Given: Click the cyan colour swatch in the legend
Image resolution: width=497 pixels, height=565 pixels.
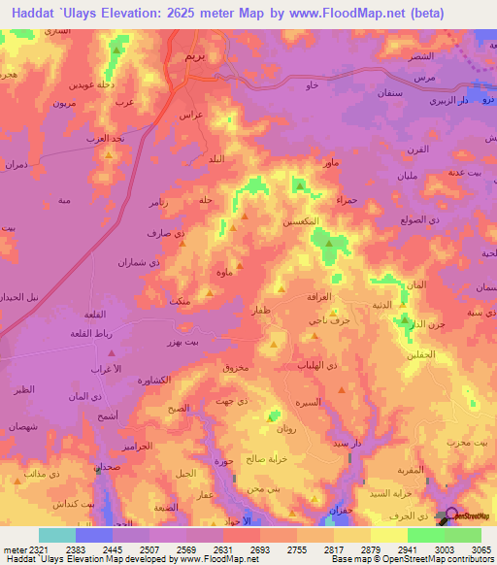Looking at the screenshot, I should pyautogui.click(x=56, y=535).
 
